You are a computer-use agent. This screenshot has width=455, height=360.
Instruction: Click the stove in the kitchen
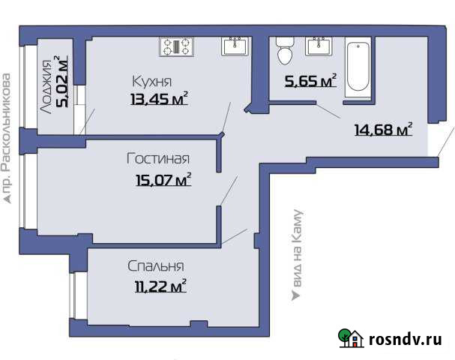tap(177, 46)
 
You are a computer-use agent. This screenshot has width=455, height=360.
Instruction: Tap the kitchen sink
tap(236, 46)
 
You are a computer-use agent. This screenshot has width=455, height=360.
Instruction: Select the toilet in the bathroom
tap(285, 51)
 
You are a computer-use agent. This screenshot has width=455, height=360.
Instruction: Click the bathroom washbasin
tap(320, 46)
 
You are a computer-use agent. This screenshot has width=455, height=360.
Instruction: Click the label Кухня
tap(152, 82)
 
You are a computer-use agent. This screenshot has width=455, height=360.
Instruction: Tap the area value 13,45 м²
tap(157, 99)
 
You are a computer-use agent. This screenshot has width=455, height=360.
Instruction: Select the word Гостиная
tap(157, 159)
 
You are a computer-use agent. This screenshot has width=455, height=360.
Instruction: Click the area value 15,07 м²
tap(161, 178)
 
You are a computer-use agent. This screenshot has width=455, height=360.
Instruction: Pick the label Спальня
tap(156, 266)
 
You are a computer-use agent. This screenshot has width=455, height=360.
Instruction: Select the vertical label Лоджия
tap(47, 85)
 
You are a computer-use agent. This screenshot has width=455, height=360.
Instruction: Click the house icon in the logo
tap(351, 340)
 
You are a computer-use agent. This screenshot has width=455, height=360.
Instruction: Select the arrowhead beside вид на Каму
tap(296, 296)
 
